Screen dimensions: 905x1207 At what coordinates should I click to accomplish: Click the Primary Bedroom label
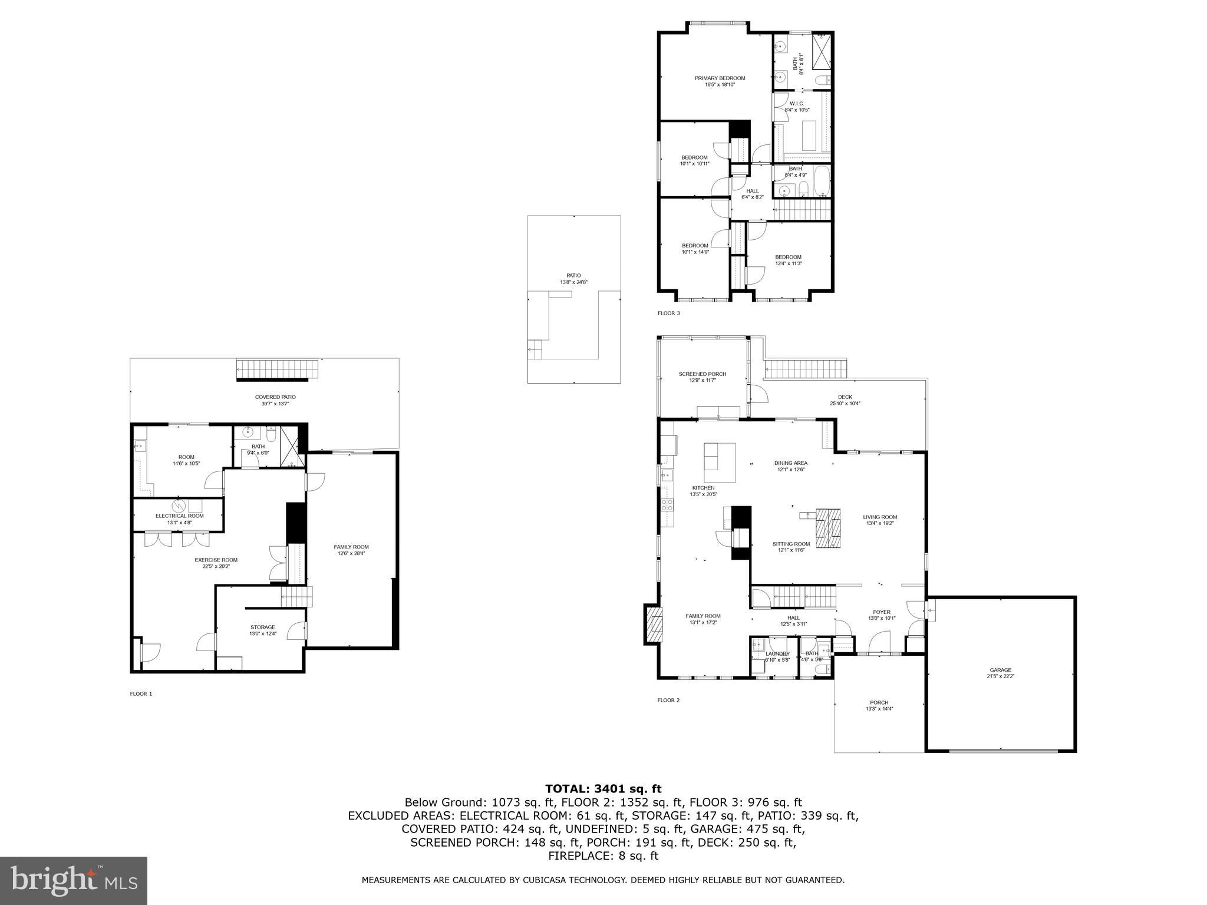[720, 81]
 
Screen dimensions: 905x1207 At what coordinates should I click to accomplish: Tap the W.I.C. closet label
[797, 106]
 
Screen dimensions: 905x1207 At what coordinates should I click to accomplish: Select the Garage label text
[1000, 673]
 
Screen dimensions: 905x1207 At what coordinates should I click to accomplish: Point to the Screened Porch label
[702, 377]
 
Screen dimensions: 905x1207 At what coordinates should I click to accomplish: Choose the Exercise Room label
[216, 563]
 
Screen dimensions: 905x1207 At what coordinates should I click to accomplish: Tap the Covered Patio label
[275, 400]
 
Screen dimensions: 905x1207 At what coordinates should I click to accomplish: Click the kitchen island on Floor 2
[720, 463]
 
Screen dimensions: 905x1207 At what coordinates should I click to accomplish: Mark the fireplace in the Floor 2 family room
[654, 625]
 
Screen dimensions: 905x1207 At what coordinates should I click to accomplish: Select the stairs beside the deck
[806, 369]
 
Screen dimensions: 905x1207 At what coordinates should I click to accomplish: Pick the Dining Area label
[790, 466]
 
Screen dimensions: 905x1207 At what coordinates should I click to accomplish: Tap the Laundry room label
[777, 654]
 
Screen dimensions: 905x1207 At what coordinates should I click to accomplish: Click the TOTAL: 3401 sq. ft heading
[603, 789]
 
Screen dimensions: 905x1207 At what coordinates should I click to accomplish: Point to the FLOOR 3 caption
[668, 313]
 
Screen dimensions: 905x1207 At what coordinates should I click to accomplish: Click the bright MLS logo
[74, 880]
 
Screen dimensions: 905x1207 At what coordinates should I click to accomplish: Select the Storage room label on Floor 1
[262, 630]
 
